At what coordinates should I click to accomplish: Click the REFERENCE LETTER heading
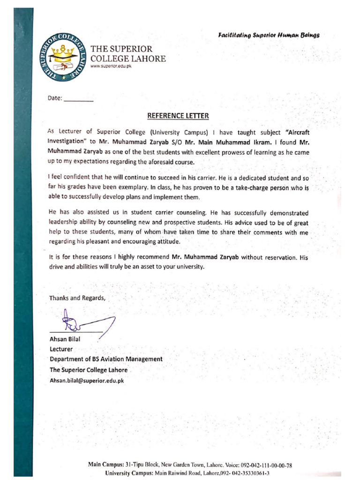tap(178, 115)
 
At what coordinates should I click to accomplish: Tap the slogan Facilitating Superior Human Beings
tap(269, 35)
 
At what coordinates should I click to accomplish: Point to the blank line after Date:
tap(78, 101)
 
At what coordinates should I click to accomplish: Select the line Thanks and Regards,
tap(78, 298)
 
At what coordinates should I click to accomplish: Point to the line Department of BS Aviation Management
tap(106, 359)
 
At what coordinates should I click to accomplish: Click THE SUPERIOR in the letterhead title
tap(121, 49)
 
